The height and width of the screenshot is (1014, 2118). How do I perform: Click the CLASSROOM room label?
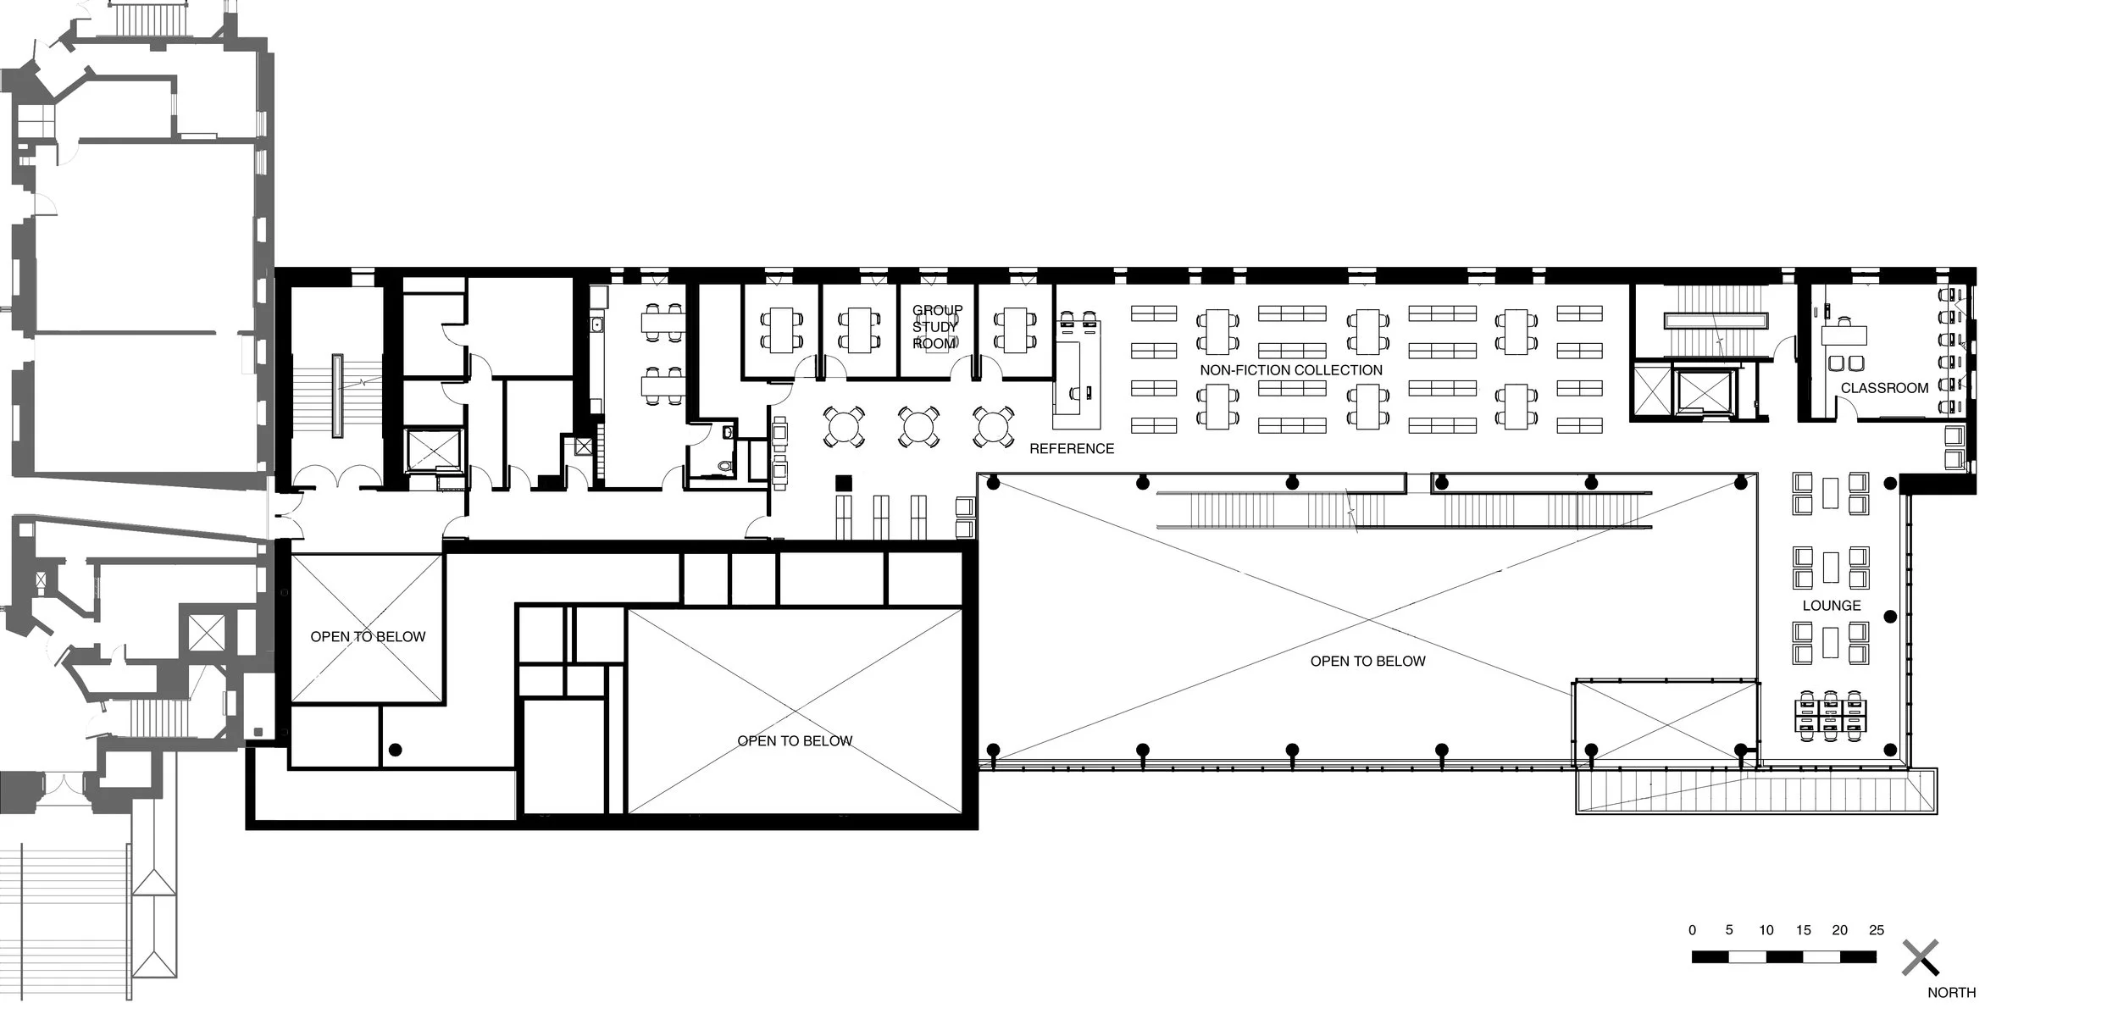(1884, 388)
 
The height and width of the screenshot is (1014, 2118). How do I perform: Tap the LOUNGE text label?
(1831, 606)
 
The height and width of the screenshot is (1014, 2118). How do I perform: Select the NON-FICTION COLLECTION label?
(1290, 370)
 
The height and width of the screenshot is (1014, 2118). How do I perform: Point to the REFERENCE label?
(1071, 449)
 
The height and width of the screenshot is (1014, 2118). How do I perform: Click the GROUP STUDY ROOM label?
(936, 327)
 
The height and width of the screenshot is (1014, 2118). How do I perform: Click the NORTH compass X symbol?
(1920, 958)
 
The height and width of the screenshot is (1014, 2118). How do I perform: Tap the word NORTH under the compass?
(1951, 993)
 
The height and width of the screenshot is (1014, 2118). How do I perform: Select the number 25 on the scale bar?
(1876, 930)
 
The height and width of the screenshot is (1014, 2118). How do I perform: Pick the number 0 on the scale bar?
(1692, 930)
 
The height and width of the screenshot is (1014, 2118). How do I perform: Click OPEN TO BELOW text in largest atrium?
(1367, 661)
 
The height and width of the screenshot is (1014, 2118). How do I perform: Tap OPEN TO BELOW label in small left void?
(368, 637)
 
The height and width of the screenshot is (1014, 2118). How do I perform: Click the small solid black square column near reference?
(843, 484)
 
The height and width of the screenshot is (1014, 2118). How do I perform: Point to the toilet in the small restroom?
(722, 466)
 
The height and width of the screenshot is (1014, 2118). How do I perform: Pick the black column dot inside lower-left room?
(395, 750)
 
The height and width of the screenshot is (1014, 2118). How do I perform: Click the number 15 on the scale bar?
(1802, 930)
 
